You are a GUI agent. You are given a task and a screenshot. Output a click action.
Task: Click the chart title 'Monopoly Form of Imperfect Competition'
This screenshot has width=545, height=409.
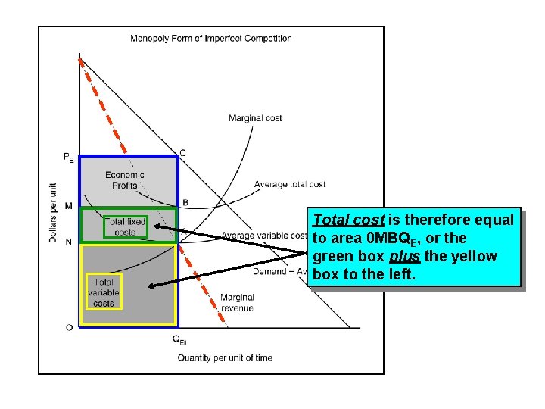[x=210, y=38]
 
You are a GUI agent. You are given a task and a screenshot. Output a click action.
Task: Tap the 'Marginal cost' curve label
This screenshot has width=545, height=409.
[x=255, y=117]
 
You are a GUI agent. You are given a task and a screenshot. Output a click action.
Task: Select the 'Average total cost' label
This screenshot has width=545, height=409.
[x=290, y=184]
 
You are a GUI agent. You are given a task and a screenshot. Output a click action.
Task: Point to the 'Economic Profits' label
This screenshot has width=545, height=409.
[x=125, y=180]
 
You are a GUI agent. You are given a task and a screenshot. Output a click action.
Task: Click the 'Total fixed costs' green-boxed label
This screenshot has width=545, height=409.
[x=125, y=226]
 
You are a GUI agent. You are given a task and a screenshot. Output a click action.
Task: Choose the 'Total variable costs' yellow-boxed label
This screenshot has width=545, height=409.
[x=104, y=292]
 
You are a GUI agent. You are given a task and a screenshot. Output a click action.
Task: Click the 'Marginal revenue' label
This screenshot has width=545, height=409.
[x=237, y=302]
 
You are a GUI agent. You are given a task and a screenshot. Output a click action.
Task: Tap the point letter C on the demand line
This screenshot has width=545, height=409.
[x=182, y=153]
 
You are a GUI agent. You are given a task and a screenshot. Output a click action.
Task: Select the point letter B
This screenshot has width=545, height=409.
[x=185, y=203]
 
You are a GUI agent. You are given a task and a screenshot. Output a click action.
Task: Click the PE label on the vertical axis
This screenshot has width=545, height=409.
[x=68, y=158]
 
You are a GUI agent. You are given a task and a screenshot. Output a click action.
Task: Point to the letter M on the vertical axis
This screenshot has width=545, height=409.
[x=69, y=206]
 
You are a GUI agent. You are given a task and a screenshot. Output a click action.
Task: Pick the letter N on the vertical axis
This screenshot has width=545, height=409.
[x=69, y=242]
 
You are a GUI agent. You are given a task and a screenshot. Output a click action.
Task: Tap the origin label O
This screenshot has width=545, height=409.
[x=69, y=327]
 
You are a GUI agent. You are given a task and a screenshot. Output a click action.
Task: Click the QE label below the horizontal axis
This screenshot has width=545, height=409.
[x=179, y=340]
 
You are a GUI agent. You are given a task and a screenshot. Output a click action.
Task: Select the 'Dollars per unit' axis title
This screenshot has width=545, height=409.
[x=52, y=212]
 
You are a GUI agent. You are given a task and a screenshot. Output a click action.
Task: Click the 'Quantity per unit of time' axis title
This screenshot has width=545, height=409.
[x=225, y=357]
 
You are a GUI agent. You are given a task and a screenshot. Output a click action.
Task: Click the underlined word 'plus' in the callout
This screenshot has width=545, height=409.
[x=405, y=257]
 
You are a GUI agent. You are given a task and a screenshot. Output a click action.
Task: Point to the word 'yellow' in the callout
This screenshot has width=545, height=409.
[x=473, y=257]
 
